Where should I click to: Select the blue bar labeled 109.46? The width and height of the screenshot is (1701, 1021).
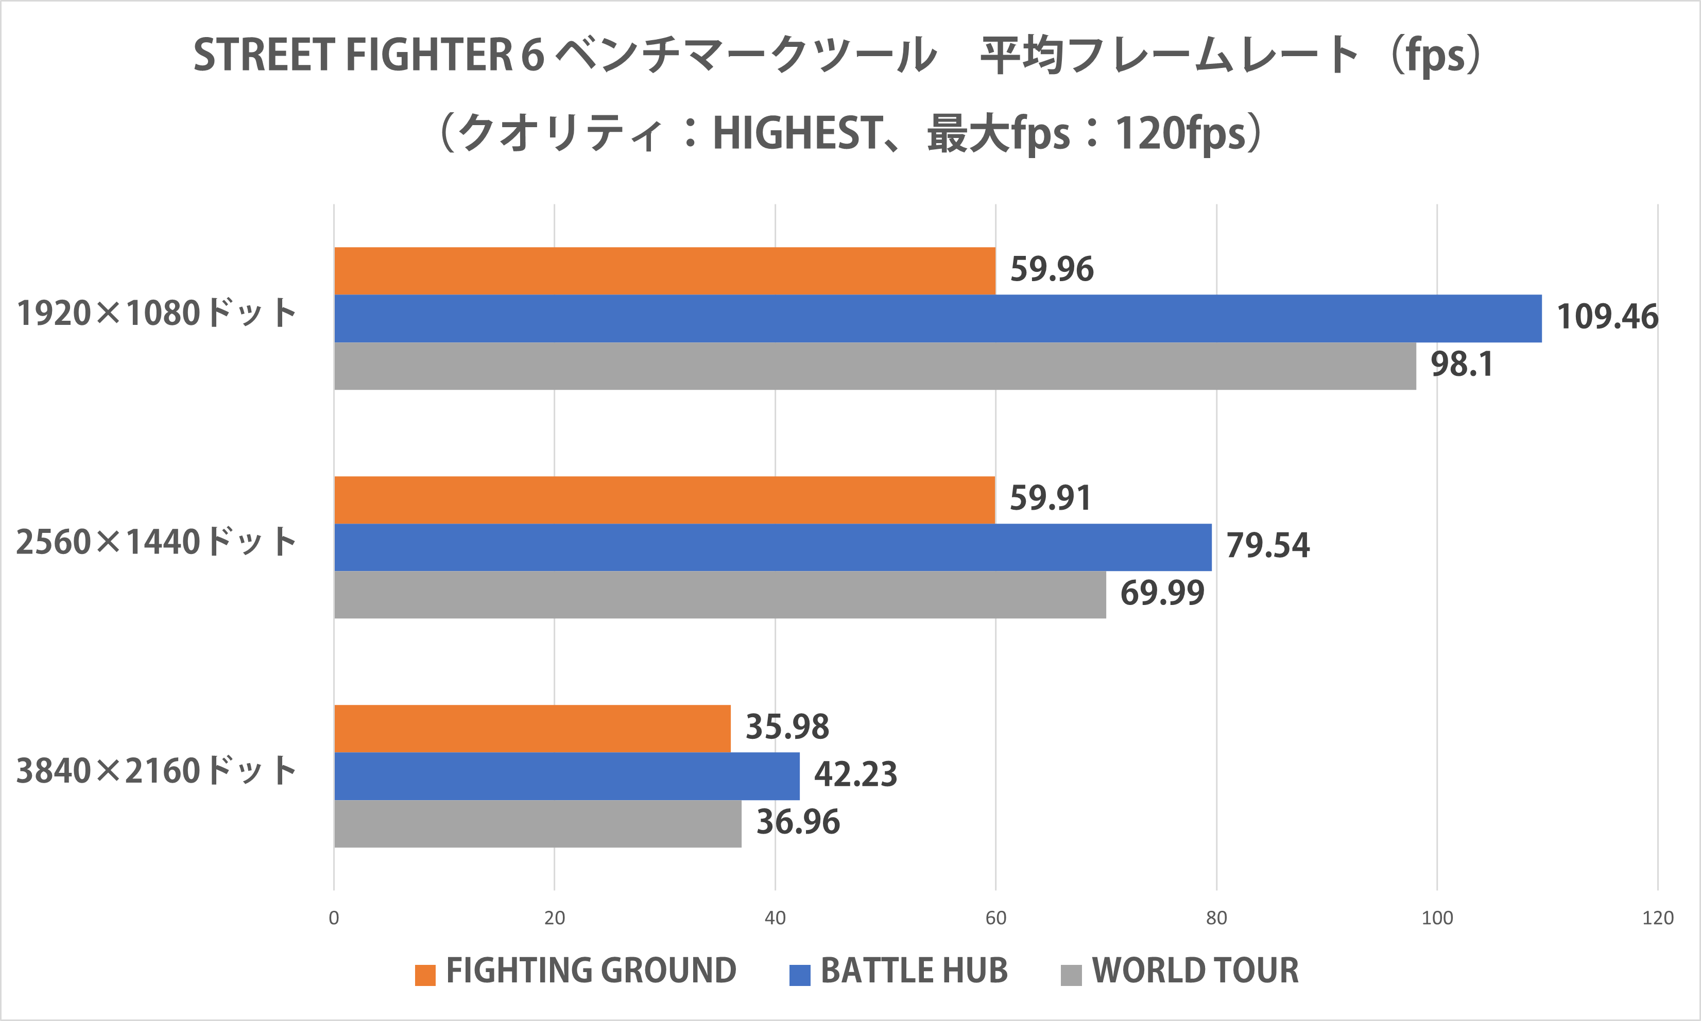point(937,319)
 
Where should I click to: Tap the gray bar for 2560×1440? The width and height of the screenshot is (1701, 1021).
point(720,595)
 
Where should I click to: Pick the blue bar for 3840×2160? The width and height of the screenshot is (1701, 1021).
point(567,776)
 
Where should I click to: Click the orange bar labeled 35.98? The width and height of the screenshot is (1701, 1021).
point(532,728)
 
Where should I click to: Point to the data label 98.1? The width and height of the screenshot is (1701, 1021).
point(1462,365)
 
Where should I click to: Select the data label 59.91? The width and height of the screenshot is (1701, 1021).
point(1050,498)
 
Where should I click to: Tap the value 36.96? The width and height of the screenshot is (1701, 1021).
point(798,822)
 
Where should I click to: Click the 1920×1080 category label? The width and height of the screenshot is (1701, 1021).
point(156,314)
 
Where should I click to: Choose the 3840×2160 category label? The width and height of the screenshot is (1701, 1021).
point(156,771)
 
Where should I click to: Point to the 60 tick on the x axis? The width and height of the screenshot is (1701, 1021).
point(995,918)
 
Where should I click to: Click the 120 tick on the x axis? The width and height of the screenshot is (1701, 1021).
point(1658,918)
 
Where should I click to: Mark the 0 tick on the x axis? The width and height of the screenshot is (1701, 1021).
point(334,918)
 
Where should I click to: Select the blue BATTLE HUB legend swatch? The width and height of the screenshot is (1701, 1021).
point(800,975)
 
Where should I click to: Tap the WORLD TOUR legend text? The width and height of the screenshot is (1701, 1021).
point(1195,971)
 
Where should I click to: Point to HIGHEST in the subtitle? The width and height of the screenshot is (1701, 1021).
point(797,133)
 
